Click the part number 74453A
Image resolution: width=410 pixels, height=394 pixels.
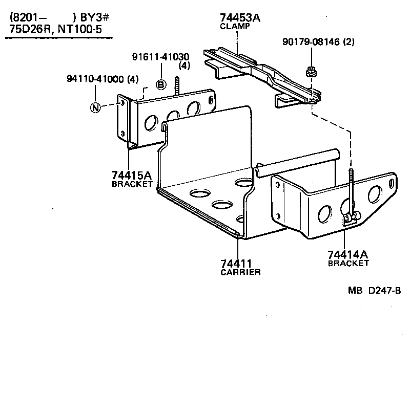(x=240, y=18)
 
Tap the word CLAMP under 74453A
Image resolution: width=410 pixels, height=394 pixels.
(x=235, y=26)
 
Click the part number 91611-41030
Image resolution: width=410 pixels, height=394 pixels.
(x=160, y=57)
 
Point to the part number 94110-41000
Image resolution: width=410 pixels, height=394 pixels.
(x=96, y=79)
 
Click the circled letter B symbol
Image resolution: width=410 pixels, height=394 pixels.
(x=161, y=84)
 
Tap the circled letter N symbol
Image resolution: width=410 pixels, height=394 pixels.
(x=95, y=107)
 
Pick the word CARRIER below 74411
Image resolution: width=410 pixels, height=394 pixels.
(x=240, y=272)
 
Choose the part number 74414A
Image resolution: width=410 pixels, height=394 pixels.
(x=348, y=254)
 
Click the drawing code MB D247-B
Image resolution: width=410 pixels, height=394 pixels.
(x=374, y=291)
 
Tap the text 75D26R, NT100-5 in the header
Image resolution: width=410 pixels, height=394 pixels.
(x=55, y=29)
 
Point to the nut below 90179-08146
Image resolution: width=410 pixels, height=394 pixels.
(x=311, y=72)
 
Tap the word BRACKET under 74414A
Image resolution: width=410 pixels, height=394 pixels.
(x=348, y=263)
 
